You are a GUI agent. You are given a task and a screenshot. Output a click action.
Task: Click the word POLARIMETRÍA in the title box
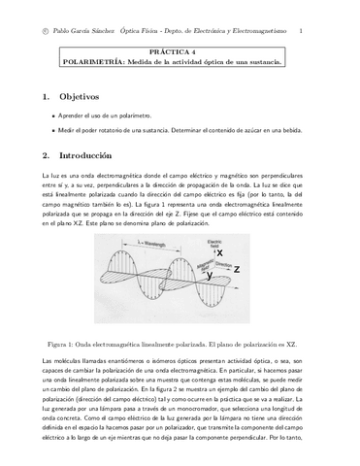[90, 61]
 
